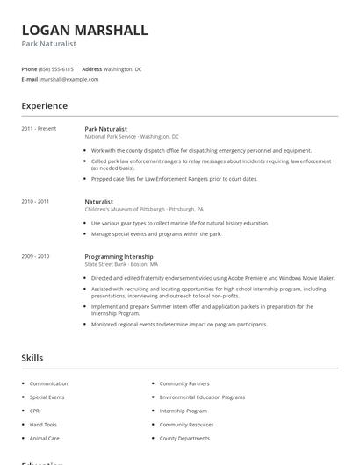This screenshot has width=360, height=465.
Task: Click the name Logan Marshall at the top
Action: (x=84, y=31)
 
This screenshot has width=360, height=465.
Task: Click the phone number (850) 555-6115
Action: (x=57, y=68)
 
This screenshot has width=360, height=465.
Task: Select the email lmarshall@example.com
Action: (x=69, y=79)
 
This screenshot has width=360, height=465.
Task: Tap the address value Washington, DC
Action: (x=123, y=68)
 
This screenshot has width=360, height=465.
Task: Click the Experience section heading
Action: (x=45, y=106)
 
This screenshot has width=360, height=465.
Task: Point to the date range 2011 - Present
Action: (x=39, y=129)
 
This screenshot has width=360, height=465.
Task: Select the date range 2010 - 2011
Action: (x=35, y=201)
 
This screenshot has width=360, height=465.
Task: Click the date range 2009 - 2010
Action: (x=35, y=256)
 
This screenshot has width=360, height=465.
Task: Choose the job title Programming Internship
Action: (x=119, y=256)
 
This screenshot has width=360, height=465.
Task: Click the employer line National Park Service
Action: (x=132, y=137)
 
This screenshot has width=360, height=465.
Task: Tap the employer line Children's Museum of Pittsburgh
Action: (x=144, y=210)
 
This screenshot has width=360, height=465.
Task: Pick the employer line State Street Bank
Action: (x=121, y=264)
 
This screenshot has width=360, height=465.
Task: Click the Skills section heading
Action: (x=32, y=358)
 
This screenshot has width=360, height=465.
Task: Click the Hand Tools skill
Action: (x=44, y=424)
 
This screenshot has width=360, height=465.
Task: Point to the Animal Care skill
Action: (x=45, y=438)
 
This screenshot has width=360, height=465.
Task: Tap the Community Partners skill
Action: (x=184, y=383)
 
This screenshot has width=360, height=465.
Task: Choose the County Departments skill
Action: (x=185, y=438)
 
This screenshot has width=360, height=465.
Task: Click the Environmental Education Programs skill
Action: (x=202, y=397)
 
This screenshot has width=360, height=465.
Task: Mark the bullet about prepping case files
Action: (x=174, y=179)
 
